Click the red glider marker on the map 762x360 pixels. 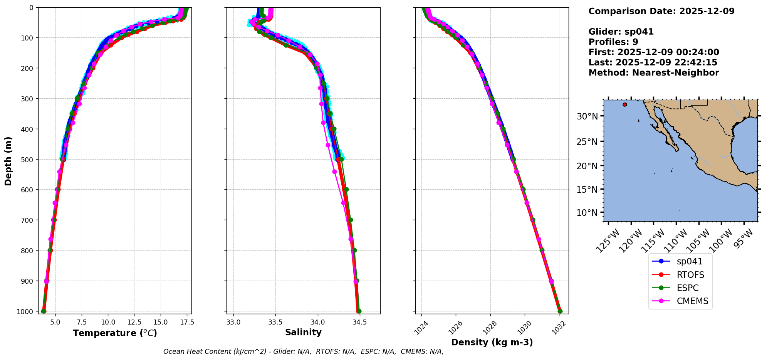tap(624, 104)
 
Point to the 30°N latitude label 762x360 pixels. tap(587, 116)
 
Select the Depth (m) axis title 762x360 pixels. tap(8, 161)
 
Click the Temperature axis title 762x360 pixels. tap(115, 333)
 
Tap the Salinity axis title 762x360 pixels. tap(303, 332)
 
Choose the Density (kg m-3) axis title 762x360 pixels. tap(492, 342)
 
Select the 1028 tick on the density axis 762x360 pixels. tap(489, 327)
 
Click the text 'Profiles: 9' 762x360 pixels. tap(613, 42)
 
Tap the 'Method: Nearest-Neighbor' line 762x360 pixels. tap(653, 73)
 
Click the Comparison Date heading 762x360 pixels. tap(661, 11)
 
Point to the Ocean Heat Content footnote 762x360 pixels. tap(303, 352)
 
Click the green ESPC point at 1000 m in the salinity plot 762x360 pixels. tap(359, 311)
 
